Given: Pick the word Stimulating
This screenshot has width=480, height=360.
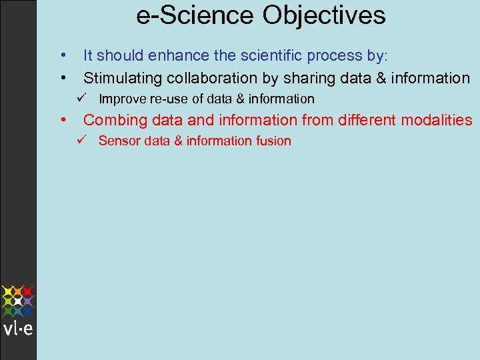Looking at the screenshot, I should pos(123,79).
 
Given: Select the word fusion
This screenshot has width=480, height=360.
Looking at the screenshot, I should pos(273,141).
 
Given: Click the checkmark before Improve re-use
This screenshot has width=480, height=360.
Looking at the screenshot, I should pos(80,99).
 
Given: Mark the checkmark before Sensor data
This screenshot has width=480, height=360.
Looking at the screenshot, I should pos(80,140).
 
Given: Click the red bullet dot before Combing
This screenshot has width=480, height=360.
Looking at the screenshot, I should pos(62,120).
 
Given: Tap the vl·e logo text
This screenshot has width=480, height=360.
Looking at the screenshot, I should pos(18,329).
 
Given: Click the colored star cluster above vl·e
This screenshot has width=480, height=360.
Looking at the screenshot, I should pos(18,301).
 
